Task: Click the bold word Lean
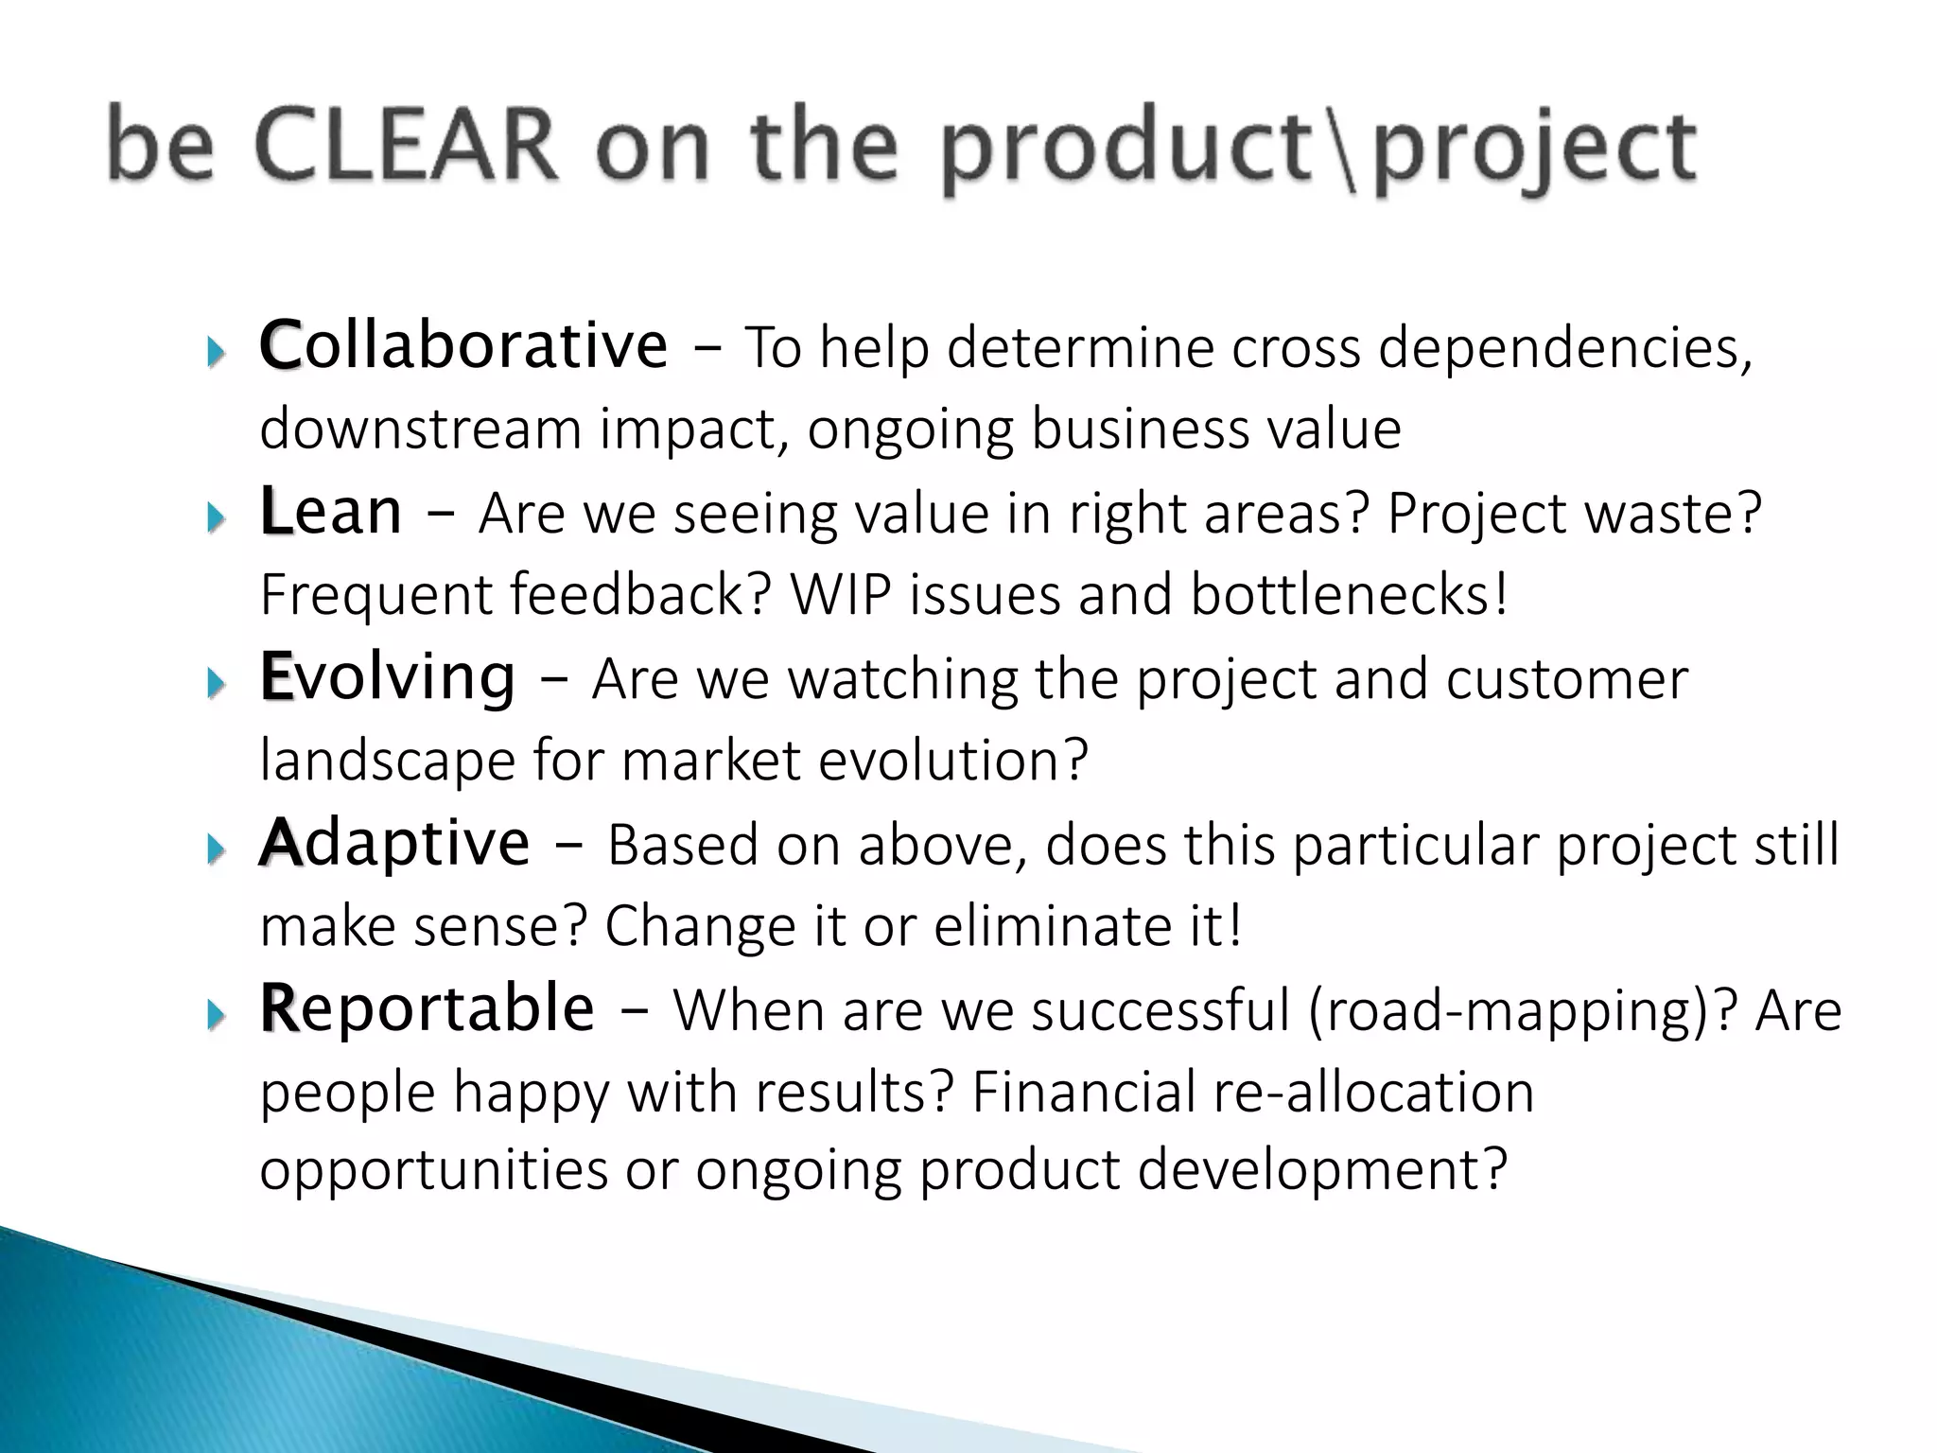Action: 331,512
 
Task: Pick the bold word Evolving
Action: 388,677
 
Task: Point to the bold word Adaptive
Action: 394,843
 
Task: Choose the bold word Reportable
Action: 427,1008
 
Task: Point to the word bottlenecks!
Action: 1349,595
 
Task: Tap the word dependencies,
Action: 1565,348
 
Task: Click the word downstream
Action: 421,429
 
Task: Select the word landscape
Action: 387,762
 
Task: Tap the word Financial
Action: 1084,1093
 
